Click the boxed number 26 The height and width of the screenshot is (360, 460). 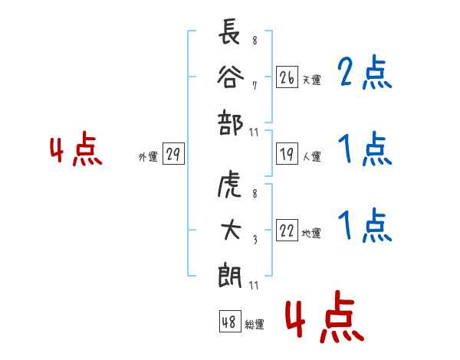coord(287,77)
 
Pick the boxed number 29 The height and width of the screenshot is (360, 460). coord(172,155)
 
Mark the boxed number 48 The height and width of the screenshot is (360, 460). coord(229,322)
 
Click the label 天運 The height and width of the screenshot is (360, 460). coord(311,80)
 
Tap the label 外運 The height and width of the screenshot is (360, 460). coord(148,157)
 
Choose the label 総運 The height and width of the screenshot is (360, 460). coord(255,324)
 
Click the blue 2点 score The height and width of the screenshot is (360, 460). coord(364,74)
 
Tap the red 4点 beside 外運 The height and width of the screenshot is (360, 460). coord(75,150)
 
